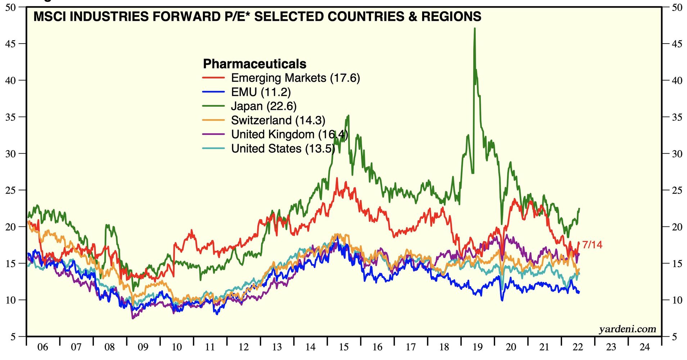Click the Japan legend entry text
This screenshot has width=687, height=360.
[x=263, y=106]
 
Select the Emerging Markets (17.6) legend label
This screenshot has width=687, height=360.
[x=295, y=78]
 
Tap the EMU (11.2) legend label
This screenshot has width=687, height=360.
[x=261, y=92]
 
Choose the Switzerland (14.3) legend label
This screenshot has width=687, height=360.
[x=278, y=120]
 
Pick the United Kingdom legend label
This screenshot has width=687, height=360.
[x=289, y=134]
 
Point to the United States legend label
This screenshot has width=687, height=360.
[x=283, y=148]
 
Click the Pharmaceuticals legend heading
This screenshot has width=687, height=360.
[x=254, y=64]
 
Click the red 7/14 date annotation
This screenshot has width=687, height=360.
[x=592, y=245]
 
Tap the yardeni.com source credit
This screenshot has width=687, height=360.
[x=627, y=329]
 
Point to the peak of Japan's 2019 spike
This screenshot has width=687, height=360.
[x=475, y=28]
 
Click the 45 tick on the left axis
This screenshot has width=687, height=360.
[x=11, y=44]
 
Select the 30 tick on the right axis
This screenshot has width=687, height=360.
[x=677, y=154]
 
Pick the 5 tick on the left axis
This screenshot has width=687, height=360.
[x=13, y=337]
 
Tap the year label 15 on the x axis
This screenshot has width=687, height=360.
[x=344, y=347]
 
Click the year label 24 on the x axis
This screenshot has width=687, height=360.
[x=645, y=347]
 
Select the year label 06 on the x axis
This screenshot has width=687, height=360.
[x=42, y=347]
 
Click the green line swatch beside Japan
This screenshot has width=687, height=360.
[x=213, y=106]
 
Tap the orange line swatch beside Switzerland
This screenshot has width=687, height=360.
[x=213, y=120]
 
